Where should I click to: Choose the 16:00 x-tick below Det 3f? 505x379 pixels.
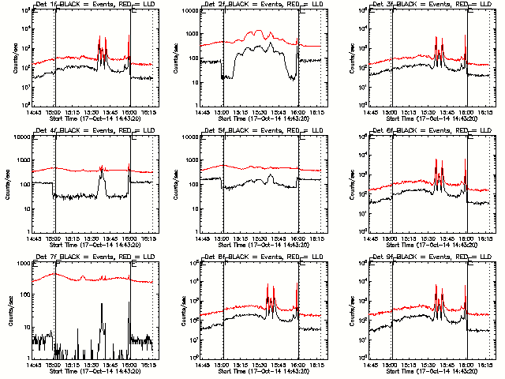click(x=467, y=111)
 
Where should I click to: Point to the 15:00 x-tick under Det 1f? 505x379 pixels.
click(x=55, y=111)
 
